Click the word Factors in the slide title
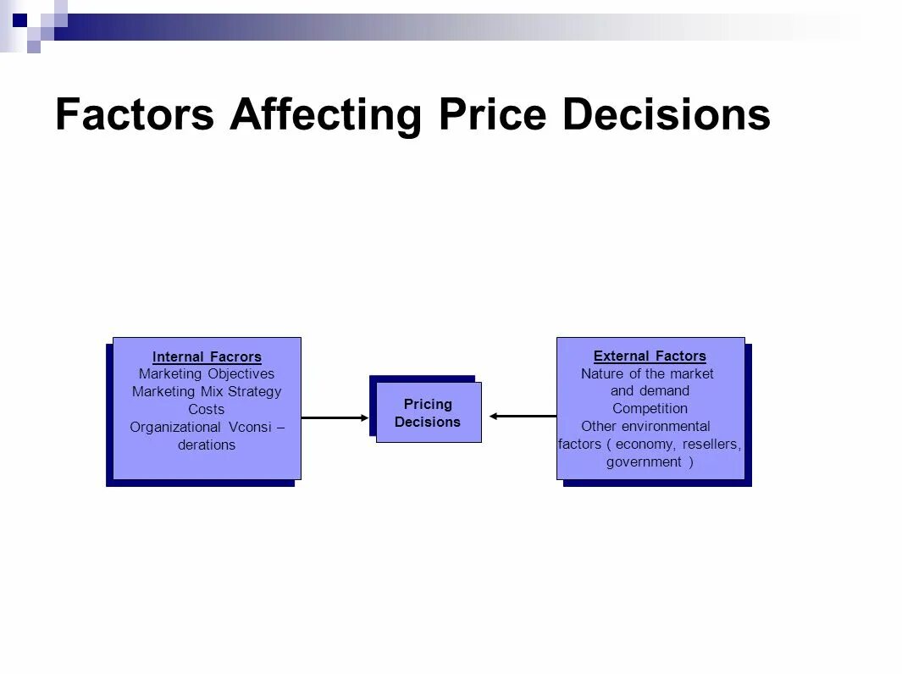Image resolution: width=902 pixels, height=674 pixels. click(134, 115)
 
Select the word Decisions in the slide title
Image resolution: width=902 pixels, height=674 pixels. click(666, 115)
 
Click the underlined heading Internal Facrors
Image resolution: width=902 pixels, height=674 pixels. click(207, 356)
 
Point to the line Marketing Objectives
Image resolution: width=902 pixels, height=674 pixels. click(207, 373)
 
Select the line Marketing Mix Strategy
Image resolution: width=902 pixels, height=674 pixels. click(207, 391)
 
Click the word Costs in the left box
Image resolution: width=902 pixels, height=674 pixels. click(207, 409)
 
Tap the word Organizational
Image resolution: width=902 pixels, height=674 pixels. click(174, 427)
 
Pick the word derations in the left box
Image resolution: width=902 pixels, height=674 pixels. click(207, 445)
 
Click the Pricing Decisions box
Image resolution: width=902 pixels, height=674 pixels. click(428, 412)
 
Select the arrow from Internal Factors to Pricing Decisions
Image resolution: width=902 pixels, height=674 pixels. click(335, 417)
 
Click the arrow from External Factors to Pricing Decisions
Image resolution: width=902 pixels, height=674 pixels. click(523, 416)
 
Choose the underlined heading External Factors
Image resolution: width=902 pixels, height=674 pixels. click(650, 356)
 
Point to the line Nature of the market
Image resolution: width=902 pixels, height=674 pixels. click(647, 373)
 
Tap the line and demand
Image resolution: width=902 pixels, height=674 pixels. click(650, 390)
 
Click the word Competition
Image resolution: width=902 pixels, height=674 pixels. click(650, 408)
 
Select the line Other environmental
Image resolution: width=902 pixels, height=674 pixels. click(645, 426)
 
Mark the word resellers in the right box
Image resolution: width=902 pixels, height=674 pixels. click(711, 445)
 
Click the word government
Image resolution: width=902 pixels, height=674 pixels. click(644, 461)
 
